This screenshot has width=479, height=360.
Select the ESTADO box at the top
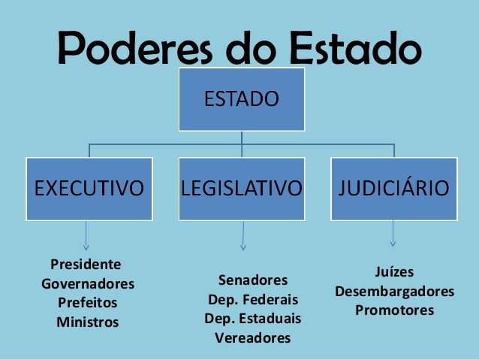[241, 98]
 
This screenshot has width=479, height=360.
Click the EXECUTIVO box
[89, 188]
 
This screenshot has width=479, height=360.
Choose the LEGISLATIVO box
[241, 188]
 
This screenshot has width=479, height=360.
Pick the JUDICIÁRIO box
[393, 188]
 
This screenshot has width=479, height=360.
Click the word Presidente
[85, 265]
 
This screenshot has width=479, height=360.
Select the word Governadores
[88, 285]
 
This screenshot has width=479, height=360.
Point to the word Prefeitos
[87, 304]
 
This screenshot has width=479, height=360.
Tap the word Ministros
[87, 322]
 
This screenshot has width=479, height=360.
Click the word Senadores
[252, 280]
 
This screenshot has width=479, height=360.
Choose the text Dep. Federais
[252, 299]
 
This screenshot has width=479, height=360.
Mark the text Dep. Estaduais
[252, 319]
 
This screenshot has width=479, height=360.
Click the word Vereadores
[252, 338]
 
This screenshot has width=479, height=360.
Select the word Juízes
[394, 271]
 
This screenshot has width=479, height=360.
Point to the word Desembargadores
[394, 291]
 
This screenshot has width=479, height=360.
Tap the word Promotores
[394, 310]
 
